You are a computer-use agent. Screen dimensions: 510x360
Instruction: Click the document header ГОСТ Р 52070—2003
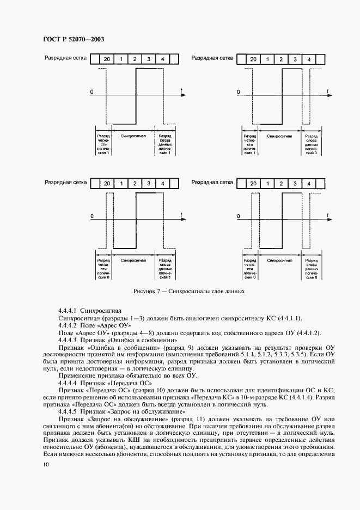tap(73, 40)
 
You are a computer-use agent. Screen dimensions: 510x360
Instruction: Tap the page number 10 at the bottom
tap(44, 464)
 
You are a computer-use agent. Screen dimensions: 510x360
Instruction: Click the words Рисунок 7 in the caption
tap(147, 291)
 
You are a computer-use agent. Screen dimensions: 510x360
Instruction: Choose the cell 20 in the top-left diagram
tap(107, 59)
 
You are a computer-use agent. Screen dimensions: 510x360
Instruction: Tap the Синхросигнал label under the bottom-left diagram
tap(133, 260)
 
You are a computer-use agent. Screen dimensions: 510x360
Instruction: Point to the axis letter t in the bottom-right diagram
tap(328, 216)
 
